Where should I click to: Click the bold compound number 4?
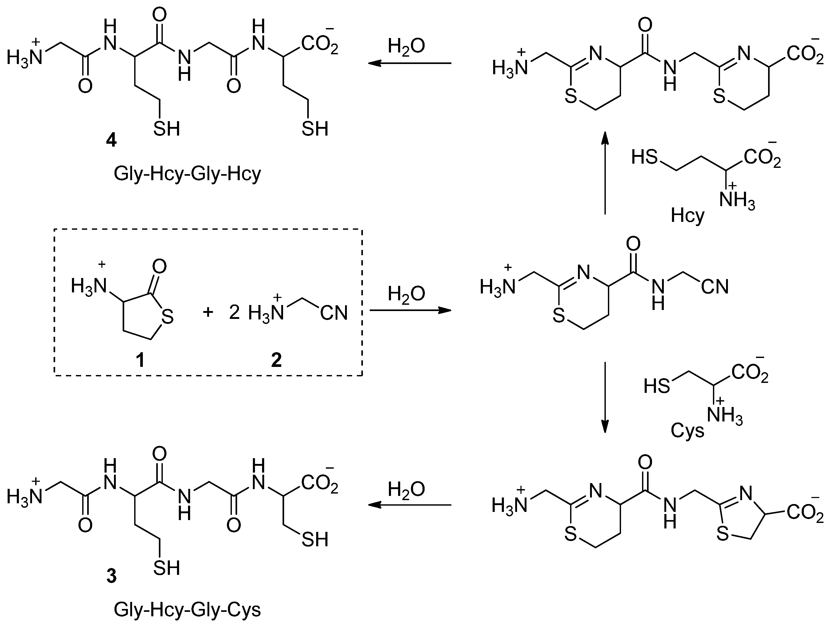tap(111, 141)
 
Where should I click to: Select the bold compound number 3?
tap(111, 576)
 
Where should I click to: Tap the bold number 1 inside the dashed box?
tap(140, 361)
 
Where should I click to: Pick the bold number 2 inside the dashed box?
tap(276, 361)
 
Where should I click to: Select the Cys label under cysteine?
tap(687, 431)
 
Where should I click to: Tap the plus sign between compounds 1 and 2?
tap(208, 312)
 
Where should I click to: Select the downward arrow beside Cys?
tap(604, 397)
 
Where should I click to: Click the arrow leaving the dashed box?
tap(410, 311)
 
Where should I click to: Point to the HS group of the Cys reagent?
tap(656, 386)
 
